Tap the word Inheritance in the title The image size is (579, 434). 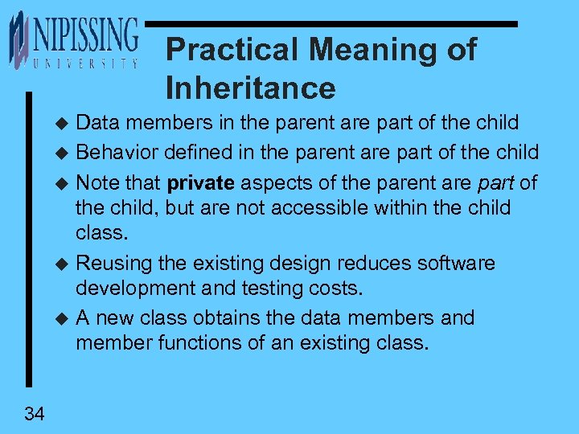pyautogui.click(x=250, y=88)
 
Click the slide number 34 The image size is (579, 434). pyautogui.click(x=35, y=414)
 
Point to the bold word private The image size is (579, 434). pyautogui.click(x=201, y=182)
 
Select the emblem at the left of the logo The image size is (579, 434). pyautogui.click(x=18, y=40)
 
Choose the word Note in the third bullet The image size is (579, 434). pyautogui.click(x=96, y=182)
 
